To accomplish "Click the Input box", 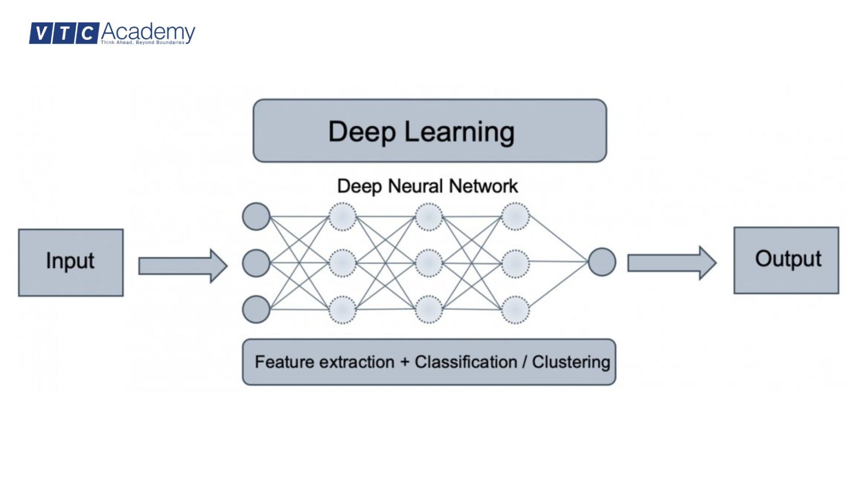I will (x=70, y=262).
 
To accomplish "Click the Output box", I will (x=786, y=260).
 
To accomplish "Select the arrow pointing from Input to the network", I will (x=183, y=266).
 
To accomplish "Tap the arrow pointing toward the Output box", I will (x=671, y=263).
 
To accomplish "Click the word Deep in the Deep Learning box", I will (x=362, y=132).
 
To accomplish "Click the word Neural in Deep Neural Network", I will (x=417, y=186).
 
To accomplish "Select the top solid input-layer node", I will (x=256, y=216).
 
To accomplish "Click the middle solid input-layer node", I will (x=256, y=263).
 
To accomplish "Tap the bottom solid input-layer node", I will (x=256, y=309).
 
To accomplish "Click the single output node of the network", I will (x=602, y=262).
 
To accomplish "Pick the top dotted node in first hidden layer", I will (x=343, y=216).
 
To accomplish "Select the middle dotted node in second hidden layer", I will (x=429, y=263).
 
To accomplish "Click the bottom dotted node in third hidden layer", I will (x=515, y=309).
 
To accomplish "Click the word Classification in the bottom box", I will (x=465, y=362).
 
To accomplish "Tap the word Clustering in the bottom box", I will (x=571, y=362).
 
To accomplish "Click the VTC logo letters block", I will (x=64, y=33).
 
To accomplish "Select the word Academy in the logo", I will (x=148, y=32).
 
